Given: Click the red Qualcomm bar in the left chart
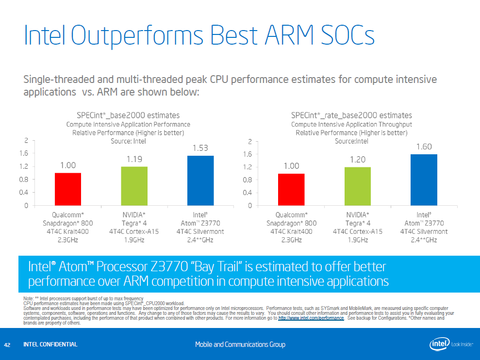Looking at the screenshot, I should pos(68,189).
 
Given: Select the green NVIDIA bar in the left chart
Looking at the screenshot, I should pos(134,186).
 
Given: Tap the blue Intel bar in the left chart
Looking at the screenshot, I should pos(200,180).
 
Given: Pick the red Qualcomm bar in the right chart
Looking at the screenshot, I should pos(291,189).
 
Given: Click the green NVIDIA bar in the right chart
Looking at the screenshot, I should pos(358,186).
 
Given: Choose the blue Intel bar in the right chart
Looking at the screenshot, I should pos(424,180).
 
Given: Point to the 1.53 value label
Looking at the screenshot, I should pos(200,147).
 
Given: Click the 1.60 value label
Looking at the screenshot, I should pos(424,146).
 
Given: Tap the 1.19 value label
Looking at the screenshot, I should pos(134,159).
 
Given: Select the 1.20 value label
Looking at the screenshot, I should pos(358,159).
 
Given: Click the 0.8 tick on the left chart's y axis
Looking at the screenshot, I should pos(23,180).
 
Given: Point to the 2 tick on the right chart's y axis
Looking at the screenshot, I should pos(249,142).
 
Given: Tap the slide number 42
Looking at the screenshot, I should pos(7,344).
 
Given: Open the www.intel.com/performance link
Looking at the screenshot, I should pos(311,318).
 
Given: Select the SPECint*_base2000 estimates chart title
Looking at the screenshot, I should pos(128,115).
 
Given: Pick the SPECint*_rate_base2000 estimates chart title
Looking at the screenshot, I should pos(351,115).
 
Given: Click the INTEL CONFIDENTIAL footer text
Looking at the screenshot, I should pos(50,344).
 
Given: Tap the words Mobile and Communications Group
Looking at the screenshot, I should pos(240,344).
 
